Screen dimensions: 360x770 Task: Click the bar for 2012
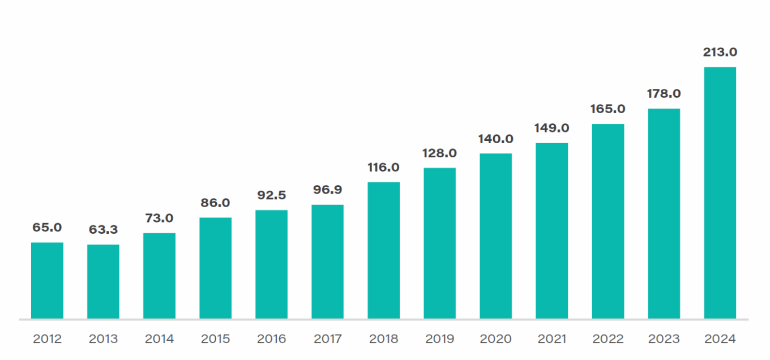click(x=47, y=280)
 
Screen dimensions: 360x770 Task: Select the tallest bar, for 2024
click(x=720, y=192)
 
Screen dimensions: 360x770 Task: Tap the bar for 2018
click(x=383, y=250)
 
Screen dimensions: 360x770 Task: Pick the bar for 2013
click(x=103, y=281)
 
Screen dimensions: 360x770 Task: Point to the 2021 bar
click(x=551, y=230)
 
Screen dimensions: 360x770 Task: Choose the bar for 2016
click(x=271, y=264)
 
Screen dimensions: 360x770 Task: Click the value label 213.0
click(x=720, y=52)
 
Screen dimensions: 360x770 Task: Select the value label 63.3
click(x=103, y=230)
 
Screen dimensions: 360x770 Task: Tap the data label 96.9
click(x=327, y=190)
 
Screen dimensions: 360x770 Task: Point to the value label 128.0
click(x=439, y=153)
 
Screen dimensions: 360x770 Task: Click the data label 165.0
click(x=608, y=109)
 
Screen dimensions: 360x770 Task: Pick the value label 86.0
click(x=215, y=203)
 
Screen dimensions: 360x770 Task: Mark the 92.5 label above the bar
click(x=271, y=195)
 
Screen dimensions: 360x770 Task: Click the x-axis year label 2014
click(x=159, y=339)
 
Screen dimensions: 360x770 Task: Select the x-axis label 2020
click(x=495, y=339)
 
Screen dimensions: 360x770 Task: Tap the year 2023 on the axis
click(x=664, y=339)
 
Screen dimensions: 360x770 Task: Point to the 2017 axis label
click(x=327, y=339)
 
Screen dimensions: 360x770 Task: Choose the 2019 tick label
click(x=439, y=339)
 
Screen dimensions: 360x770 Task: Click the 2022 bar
click(x=608, y=221)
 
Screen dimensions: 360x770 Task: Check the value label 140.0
click(x=495, y=139)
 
